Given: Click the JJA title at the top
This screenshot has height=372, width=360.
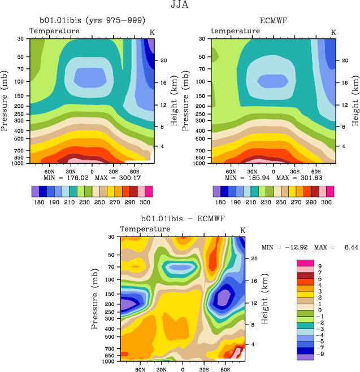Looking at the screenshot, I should click(x=180, y=6).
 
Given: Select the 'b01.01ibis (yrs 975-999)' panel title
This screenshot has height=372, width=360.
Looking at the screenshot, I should click(x=90, y=21).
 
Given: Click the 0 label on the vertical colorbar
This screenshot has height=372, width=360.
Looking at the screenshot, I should click(x=320, y=310).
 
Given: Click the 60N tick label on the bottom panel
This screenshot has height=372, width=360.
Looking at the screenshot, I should click(x=140, y=370).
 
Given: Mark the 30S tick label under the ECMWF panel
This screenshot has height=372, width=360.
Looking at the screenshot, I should click(x=295, y=170).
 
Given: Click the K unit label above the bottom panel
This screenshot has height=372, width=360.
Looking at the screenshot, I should click(x=242, y=230).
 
